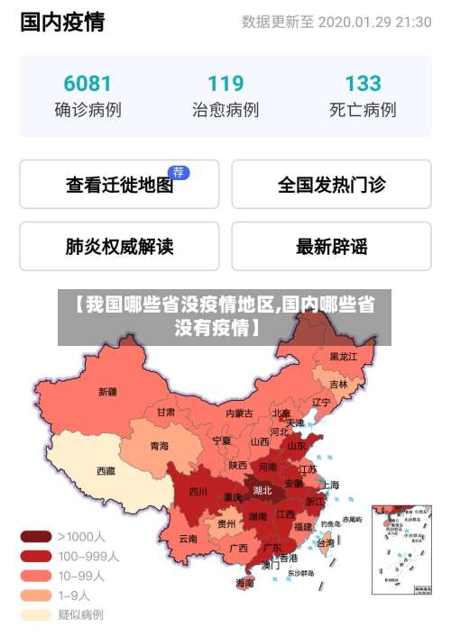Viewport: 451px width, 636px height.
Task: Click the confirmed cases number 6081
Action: click(x=87, y=84)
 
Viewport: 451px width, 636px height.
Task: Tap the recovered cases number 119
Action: click(x=225, y=84)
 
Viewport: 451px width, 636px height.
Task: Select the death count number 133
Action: click(x=363, y=84)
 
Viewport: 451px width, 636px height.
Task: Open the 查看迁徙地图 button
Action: click(x=119, y=186)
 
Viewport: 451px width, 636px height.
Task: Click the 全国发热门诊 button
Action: click(x=331, y=186)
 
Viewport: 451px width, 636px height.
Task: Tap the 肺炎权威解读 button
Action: click(x=119, y=246)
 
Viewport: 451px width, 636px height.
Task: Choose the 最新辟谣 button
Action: click(x=331, y=246)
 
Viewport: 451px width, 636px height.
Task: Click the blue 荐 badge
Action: click(x=179, y=172)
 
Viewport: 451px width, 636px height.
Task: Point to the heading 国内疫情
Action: click(x=62, y=22)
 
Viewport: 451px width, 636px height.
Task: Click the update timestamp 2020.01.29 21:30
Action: click(x=374, y=22)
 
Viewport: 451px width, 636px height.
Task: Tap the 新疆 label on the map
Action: click(x=107, y=392)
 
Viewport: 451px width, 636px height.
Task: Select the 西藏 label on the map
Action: click(x=106, y=470)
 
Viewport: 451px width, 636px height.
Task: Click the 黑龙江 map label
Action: click(x=343, y=357)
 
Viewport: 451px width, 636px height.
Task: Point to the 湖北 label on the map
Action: click(x=262, y=491)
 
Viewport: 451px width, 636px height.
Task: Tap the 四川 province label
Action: click(x=198, y=492)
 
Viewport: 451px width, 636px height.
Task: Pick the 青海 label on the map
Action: click(x=159, y=446)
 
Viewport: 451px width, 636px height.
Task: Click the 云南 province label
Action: click(x=188, y=539)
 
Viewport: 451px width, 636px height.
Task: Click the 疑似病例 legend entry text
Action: click(x=81, y=615)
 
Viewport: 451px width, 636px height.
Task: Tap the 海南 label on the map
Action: click(x=244, y=583)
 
